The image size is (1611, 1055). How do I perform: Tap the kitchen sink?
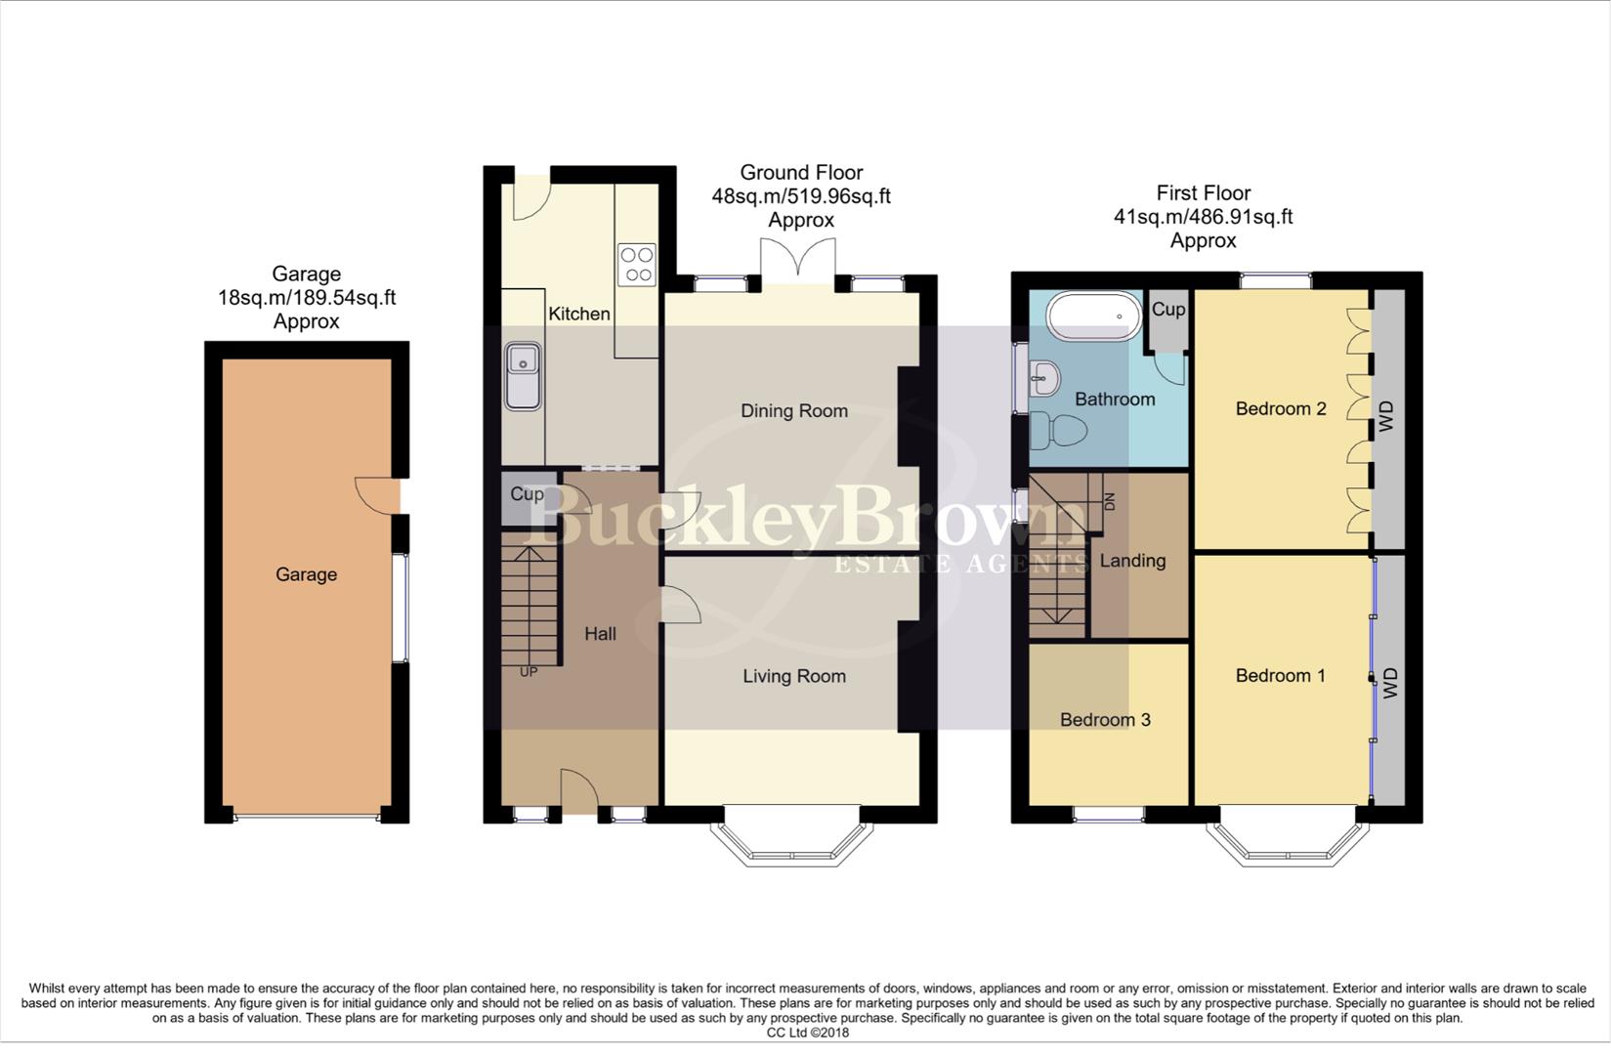(x=524, y=376)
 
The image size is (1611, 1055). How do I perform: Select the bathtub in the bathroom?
(x=1093, y=316)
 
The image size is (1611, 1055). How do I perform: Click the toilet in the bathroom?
(x=1059, y=430)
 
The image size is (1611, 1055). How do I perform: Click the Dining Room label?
(x=793, y=411)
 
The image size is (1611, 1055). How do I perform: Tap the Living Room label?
(x=793, y=676)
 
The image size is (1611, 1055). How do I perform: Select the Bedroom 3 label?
(x=1105, y=720)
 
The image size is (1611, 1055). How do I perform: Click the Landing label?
(x=1132, y=561)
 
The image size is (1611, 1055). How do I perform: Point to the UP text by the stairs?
(x=529, y=672)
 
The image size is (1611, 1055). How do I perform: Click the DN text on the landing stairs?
(x=1109, y=502)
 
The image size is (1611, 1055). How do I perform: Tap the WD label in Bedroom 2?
(x=1386, y=418)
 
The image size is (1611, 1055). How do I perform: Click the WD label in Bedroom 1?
(x=1390, y=682)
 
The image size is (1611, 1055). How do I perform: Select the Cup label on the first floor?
(x=1167, y=310)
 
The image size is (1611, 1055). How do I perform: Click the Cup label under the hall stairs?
(x=527, y=494)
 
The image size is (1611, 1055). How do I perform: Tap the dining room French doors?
(x=798, y=261)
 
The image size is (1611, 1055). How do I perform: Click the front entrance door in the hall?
(x=578, y=789)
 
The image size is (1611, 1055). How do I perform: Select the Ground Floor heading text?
(x=801, y=173)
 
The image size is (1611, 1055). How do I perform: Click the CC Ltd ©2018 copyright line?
(x=807, y=1033)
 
